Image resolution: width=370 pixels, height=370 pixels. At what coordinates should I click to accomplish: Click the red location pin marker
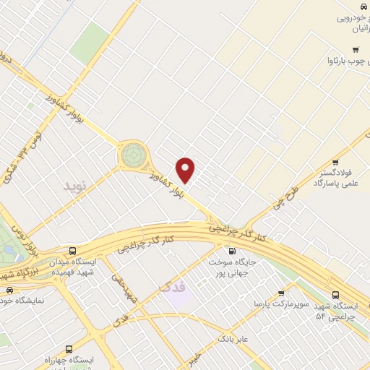click(x=186, y=169)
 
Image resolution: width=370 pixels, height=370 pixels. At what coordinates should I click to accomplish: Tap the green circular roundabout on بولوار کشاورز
click(x=132, y=154)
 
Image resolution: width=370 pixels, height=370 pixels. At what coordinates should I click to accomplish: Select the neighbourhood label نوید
click(x=74, y=186)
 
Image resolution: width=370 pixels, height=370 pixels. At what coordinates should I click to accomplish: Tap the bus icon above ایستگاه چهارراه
click(x=69, y=348)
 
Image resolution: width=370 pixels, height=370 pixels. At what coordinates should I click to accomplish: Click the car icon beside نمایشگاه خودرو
click(x=9, y=290)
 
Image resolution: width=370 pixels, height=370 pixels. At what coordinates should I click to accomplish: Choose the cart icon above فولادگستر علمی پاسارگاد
click(x=335, y=163)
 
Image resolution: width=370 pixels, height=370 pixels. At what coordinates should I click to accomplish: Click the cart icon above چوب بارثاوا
click(x=355, y=49)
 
